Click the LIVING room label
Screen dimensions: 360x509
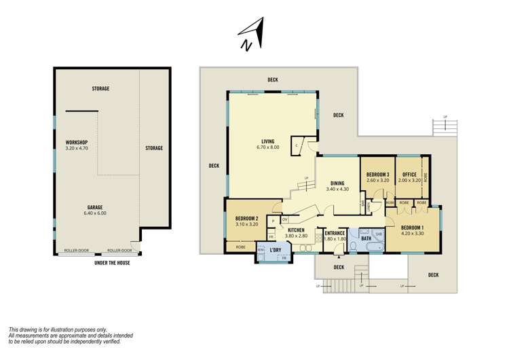(267, 141)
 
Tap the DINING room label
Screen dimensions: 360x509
(337, 183)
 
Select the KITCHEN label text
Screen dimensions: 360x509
(296, 230)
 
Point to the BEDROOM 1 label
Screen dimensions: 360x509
(413, 228)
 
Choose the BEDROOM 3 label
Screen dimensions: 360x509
(377, 175)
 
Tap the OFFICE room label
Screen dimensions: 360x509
(409, 175)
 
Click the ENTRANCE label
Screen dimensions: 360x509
(336, 233)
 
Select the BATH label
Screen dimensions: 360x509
(366, 238)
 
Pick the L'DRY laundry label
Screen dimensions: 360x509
(276, 251)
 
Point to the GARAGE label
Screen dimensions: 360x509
(96, 207)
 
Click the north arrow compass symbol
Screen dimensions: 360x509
(251, 34)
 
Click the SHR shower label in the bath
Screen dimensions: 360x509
(379, 232)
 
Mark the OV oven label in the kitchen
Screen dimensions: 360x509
(285, 219)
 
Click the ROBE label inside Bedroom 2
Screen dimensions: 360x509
(240, 247)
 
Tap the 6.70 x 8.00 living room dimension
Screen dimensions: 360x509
(267, 147)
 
